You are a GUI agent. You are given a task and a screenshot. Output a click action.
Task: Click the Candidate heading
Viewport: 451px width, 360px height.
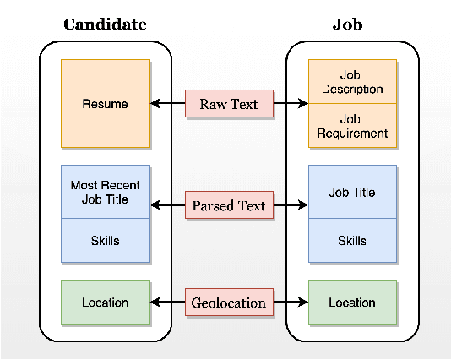pyautogui.click(x=105, y=24)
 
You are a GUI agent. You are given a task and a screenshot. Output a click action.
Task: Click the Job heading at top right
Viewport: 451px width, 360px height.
pyautogui.click(x=347, y=24)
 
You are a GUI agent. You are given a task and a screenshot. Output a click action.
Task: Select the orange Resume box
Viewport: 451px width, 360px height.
pyautogui.click(x=106, y=104)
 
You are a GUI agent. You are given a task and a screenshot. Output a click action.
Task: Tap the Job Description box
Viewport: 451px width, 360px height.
pyautogui.click(x=352, y=82)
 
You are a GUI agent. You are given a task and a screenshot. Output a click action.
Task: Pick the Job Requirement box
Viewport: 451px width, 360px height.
pyautogui.click(x=352, y=126)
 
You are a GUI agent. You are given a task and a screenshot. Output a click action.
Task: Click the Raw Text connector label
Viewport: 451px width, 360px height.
pyautogui.click(x=229, y=104)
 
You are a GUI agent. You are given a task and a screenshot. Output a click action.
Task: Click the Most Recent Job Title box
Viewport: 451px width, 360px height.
pyautogui.click(x=106, y=192)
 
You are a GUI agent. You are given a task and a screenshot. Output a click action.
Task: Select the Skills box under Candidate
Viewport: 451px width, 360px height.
pyautogui.click(x=106, y=241)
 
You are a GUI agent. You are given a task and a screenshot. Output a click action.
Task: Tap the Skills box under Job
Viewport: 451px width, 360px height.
pyautogui.click(x=352, y=241)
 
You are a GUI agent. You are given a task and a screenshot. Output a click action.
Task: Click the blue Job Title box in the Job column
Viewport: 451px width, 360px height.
pyautogui.click(x=352, y=193)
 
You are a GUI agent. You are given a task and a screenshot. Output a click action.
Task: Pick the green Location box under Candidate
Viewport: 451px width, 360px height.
pyautogui.click(x=106, y=303)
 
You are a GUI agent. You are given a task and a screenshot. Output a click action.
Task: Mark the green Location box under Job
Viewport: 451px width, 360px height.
pyautogui.click(x=352, y=303)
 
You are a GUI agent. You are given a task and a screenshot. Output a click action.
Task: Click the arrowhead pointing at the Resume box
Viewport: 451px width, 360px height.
pyautogui.click(x=155, y=104)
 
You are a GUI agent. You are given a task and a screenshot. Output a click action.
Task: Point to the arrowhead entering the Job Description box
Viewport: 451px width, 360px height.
pyautogui.click(x=303, y=104)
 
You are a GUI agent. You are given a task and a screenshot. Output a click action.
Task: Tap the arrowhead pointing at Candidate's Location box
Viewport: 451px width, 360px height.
pyautogui.click(x=155, y=303)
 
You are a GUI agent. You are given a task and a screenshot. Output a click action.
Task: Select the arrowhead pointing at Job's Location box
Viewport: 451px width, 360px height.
pyautogui.click(x=303, y=303)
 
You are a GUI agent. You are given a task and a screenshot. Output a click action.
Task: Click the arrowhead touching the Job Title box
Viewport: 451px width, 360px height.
pyautogui.click(x=303, y=205)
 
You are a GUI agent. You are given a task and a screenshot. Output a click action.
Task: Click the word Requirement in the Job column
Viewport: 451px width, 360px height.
pyautogui.click(x=352, y=134)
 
